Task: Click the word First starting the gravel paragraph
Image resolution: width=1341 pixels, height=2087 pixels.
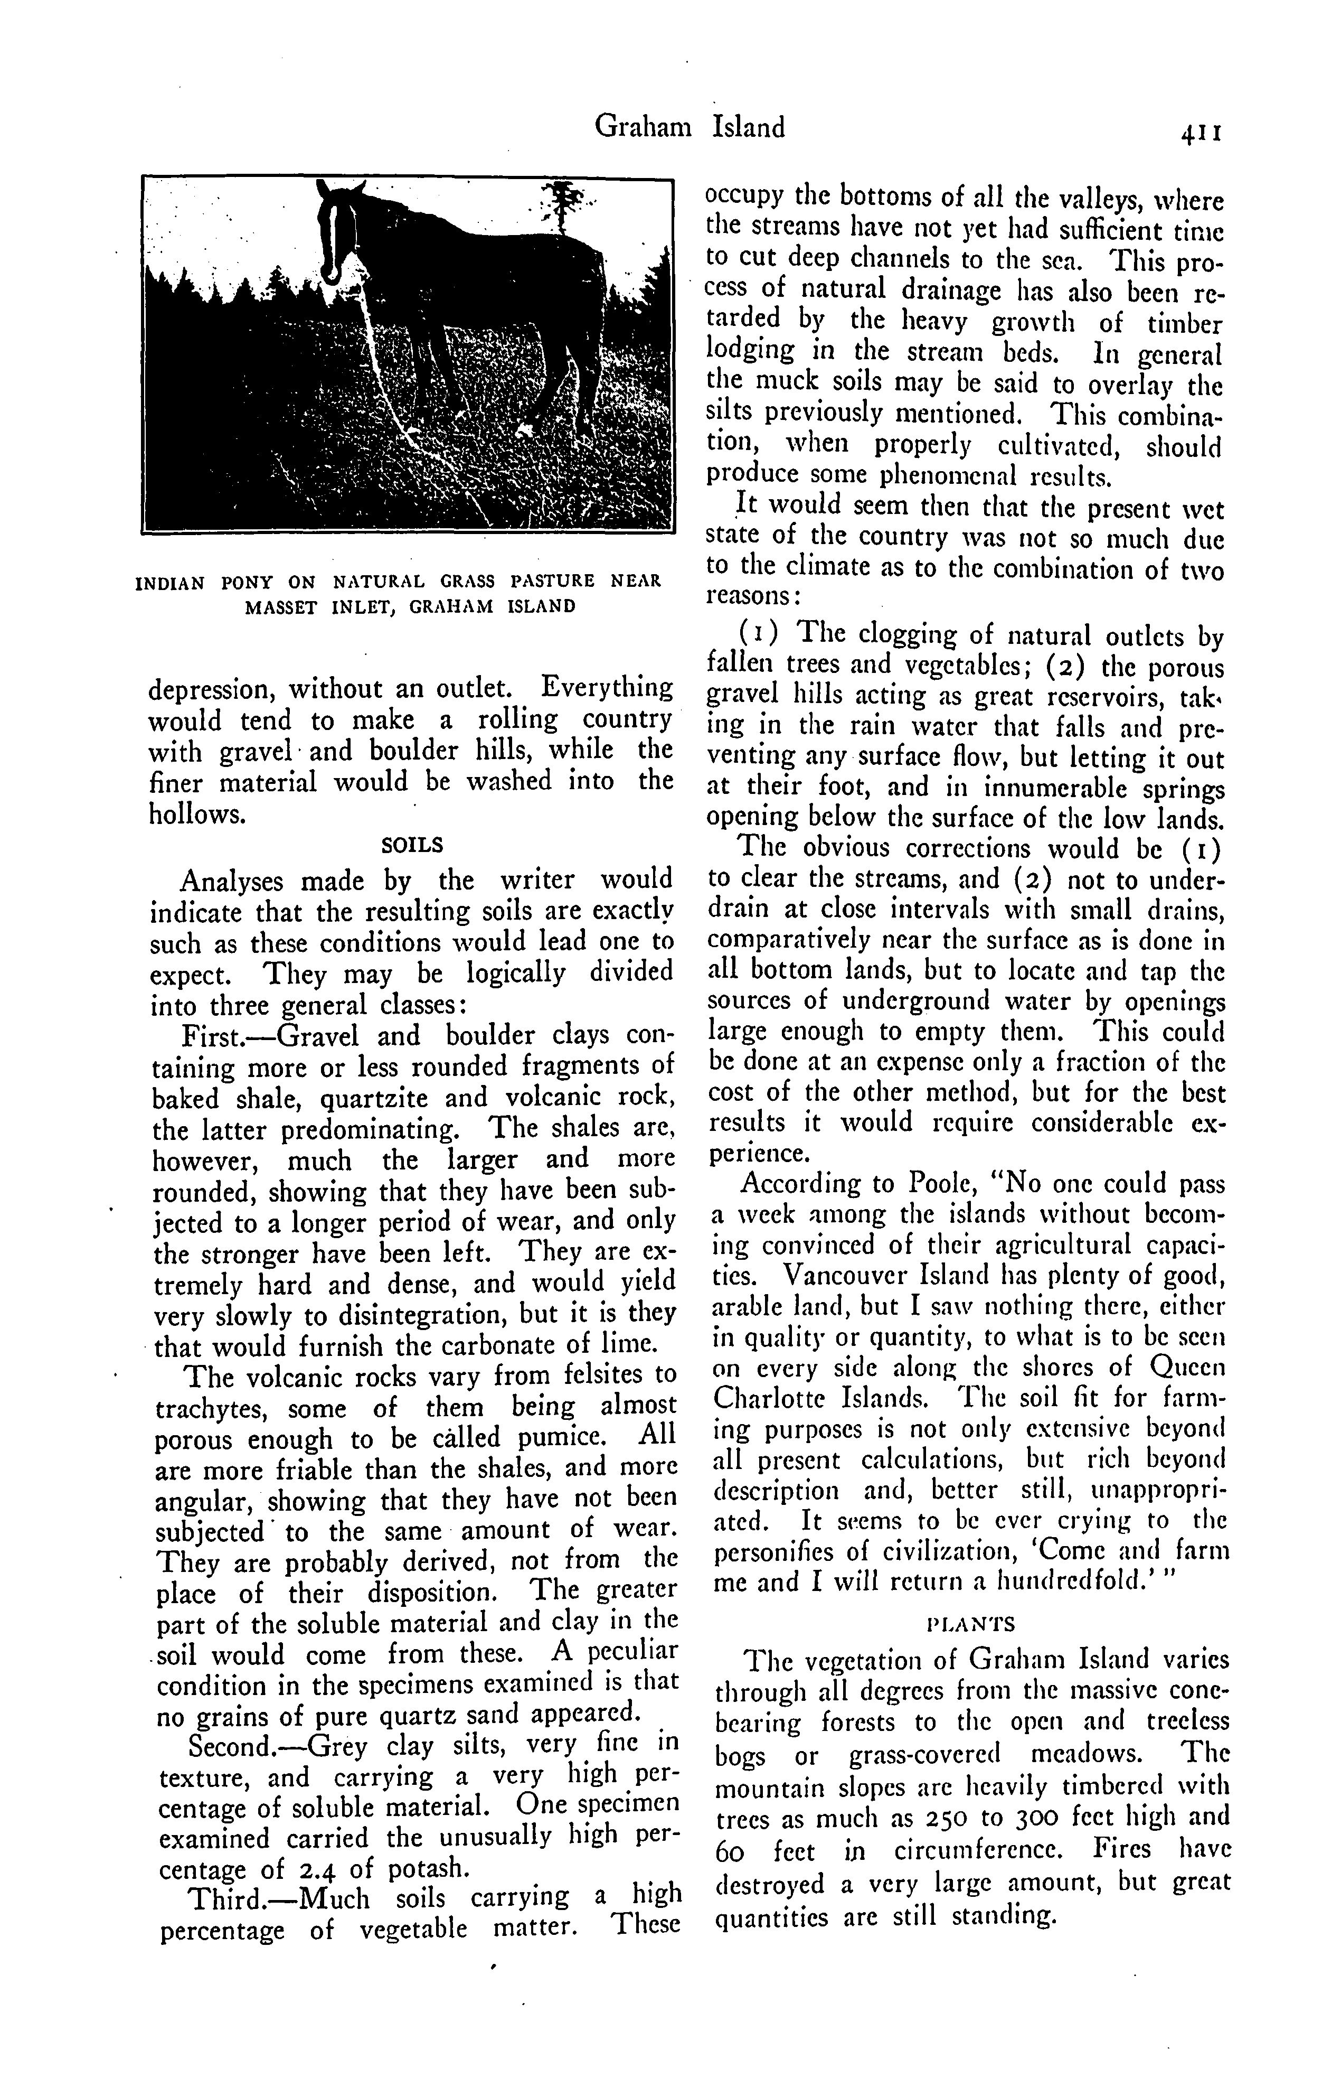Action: (209, 1036)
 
